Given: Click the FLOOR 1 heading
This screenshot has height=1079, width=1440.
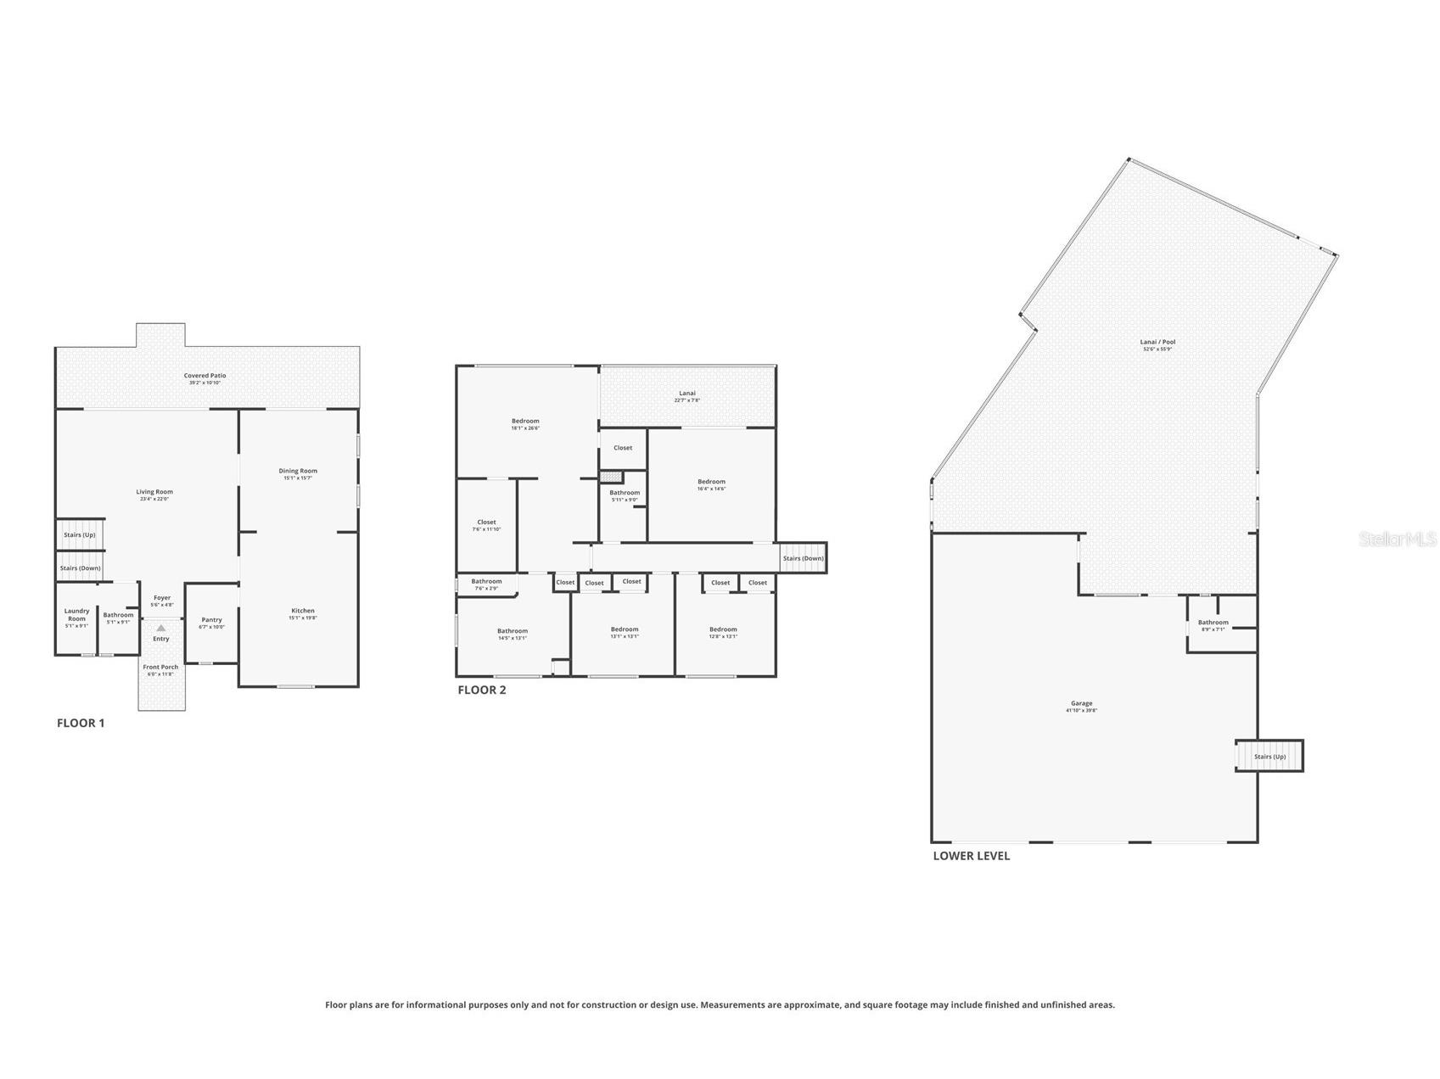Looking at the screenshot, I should point(81,723).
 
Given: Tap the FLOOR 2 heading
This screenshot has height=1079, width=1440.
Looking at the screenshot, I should point(481,690).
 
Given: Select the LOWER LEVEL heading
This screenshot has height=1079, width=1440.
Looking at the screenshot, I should point(971,855).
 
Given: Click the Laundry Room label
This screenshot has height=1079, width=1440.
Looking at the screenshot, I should point(76,614).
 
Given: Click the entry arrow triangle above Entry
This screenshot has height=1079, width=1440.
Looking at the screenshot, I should point(161,628).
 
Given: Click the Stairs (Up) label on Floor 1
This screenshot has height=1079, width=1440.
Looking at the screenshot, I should point(80,534).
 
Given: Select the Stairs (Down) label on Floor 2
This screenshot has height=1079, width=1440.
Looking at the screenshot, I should point(803,558).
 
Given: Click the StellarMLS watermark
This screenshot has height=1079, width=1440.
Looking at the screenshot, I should point(1397,539).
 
